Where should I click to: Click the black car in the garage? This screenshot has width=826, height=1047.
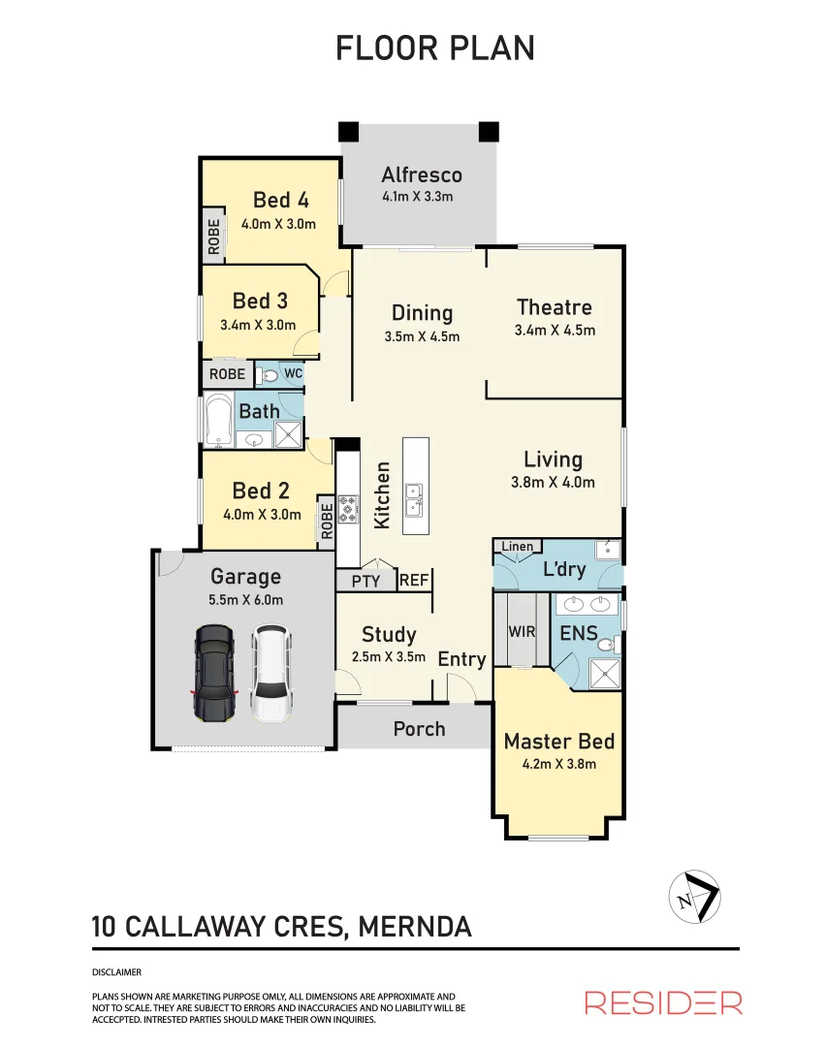pyautogui.click(x=214, y=674)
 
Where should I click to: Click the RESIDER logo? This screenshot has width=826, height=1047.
pyautogui.click(x=663, y=1002)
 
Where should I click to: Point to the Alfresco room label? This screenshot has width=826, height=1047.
pyautogui.click(x=421, y=175)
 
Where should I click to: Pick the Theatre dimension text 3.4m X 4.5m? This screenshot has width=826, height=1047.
pyautogui.click(x=554, y=331)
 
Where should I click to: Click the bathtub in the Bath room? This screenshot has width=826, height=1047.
pyautogui.click(x=218, y=421)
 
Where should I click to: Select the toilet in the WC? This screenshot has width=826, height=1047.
pyautogui.click(x=269, y=374)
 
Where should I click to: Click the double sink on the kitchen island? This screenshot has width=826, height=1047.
pyautogui.click(x=414, y=498)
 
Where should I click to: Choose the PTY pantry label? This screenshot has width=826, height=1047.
pyautogui.click(x=365, y=582)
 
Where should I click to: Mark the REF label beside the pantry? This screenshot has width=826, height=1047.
pyautogui.click(x=413, y=581)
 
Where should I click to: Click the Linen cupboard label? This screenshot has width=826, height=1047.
pyautogui.click(x=517, y=547)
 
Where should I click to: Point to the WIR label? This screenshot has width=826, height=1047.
pyautogui.click(x=522, y=632)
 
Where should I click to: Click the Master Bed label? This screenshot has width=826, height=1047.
pyautogui.click(x=558, y=742)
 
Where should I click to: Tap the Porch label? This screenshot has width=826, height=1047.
pyautogui.click(x=419, y=729)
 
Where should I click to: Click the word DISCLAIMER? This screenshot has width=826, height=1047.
pyautogui.click(x=116, y=971)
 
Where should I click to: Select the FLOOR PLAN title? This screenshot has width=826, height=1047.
pyautogui.click(x=434, y=48)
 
